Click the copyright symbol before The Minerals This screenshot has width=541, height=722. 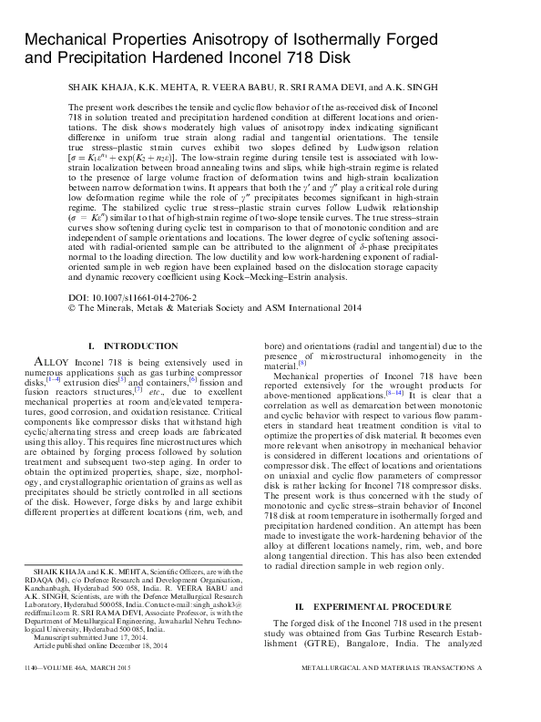click(73, 309)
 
